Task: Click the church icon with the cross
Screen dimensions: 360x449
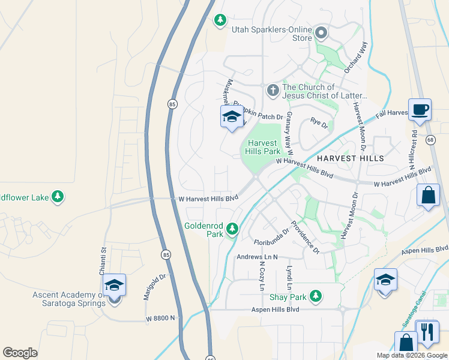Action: (x=273, y=91)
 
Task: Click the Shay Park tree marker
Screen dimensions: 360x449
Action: (x=316, y=296)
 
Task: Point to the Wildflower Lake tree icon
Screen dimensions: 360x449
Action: (x=58, y=196)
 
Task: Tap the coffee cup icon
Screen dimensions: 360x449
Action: (x=420, y=110)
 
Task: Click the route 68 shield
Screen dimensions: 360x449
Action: (x=430, y=140)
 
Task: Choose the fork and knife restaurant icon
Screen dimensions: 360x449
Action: (x=427, y=332)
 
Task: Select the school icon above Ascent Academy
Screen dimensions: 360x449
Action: (x=113, y=286)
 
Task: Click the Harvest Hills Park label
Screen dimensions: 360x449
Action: (x=262, y=147)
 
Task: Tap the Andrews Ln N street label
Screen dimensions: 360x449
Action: (x=258, y=257)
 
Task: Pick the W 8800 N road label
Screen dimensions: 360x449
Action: (x=160, y=317)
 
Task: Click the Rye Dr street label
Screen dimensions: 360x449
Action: (x=319, y=124)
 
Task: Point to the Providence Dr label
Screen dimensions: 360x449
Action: (x=305, y=237)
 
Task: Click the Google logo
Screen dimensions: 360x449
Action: (x=20, y=353)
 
